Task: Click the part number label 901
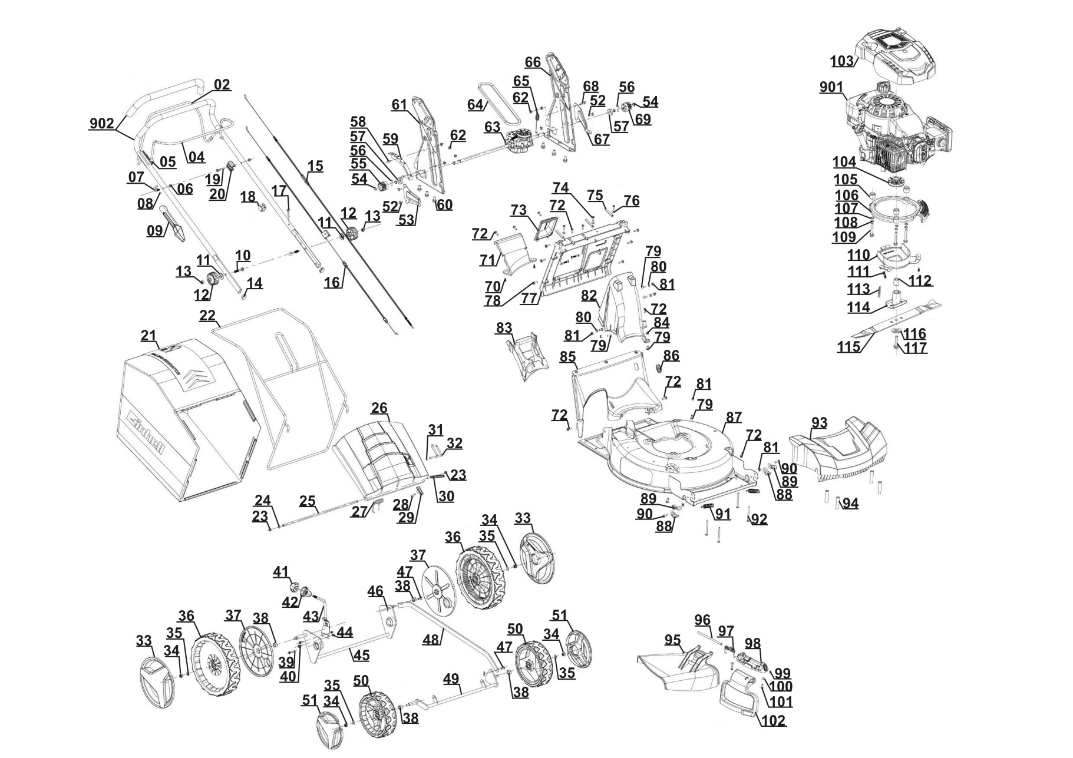point(831,87)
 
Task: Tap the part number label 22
point(207,315)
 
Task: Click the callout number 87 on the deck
point(734,417)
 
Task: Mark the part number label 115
point(849,347)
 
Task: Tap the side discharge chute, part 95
point(678,668)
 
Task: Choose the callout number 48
point(431,638)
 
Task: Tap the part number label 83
point(504,327)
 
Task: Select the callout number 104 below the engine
point(844,161)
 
